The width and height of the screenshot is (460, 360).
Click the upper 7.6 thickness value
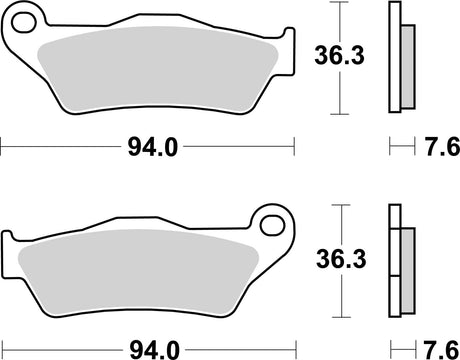(x=438, y=148)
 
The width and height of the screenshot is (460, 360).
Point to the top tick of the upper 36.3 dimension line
(x=343, y=4)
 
